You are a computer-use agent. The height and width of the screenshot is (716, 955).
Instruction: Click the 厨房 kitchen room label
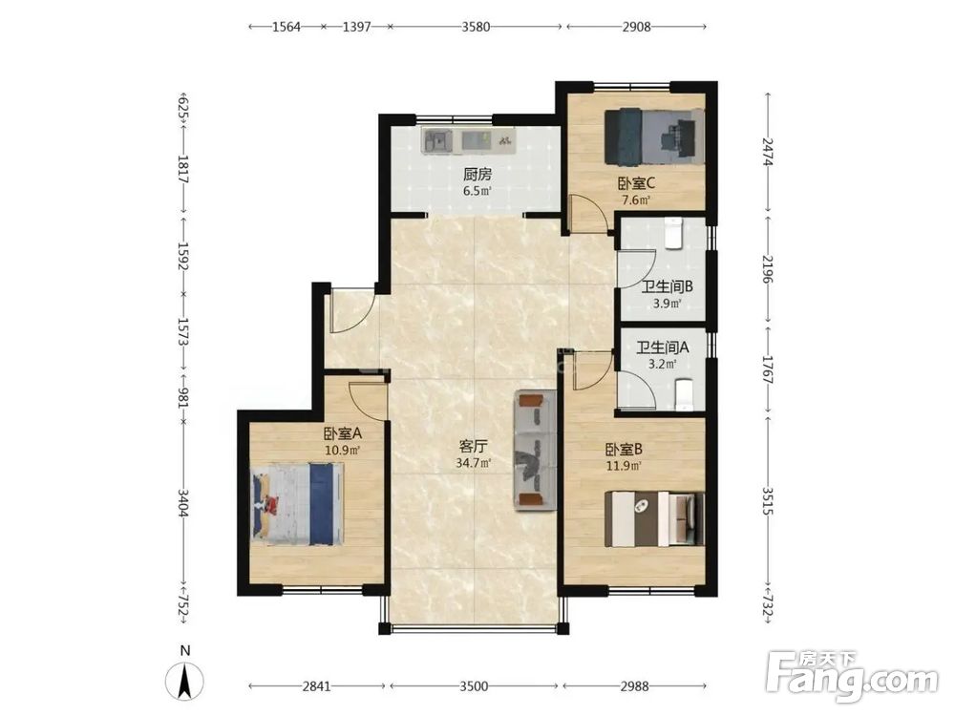pos(477,175)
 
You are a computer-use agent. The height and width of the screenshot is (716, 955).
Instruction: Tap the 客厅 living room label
pos(474,447)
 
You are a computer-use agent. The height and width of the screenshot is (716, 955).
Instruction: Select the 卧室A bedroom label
pos(343,433)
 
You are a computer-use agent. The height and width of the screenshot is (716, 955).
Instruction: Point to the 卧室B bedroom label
pos(625,450)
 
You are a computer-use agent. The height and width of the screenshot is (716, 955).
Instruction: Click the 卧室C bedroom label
pos(636,182)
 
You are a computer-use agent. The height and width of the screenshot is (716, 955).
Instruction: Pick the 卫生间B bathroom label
pos(667,286)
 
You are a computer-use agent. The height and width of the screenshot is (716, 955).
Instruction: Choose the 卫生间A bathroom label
pos(663,347)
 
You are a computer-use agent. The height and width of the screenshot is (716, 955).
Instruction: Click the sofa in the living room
pos(536,451)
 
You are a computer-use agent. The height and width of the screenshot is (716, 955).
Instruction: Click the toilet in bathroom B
pos(673,233)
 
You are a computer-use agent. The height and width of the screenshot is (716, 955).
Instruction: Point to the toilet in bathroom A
pos(685,394)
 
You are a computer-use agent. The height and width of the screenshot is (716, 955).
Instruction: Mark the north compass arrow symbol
pos(185,681)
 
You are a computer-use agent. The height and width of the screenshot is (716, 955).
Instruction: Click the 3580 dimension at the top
pos(476,27)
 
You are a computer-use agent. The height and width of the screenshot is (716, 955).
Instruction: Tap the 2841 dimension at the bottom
pos(317,686)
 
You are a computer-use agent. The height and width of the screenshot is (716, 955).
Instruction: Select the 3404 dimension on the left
pos(182,502)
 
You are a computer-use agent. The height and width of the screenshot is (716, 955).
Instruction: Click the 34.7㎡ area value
pos(474,463)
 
